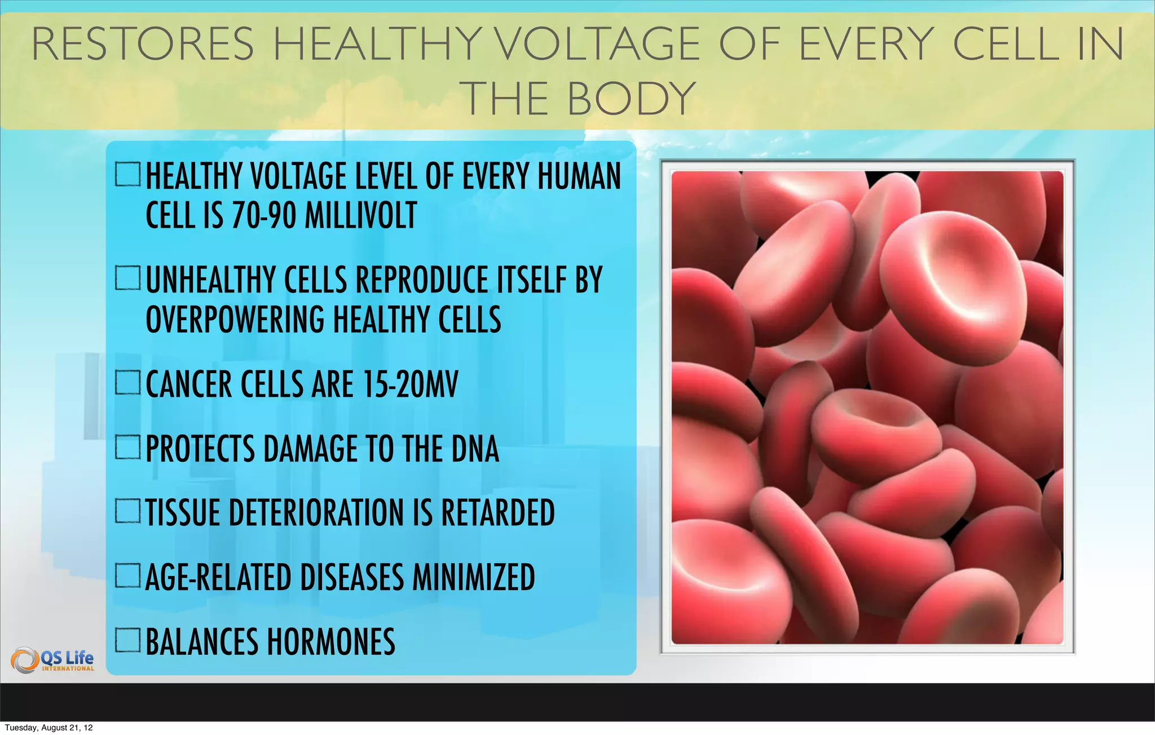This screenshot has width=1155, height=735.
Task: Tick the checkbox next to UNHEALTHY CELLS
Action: point(127,278)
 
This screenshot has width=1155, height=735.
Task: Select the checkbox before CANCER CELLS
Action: point(127,383)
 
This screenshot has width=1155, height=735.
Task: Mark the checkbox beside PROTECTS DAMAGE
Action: point(127,448)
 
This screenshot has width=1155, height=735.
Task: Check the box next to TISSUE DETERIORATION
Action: point(127,511)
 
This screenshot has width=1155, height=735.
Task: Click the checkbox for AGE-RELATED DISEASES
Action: point(127,576)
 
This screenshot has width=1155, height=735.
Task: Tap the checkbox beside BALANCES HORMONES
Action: point(127,640)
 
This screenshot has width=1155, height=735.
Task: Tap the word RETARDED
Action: point(498,512)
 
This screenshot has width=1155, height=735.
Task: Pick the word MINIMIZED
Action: point(474,577)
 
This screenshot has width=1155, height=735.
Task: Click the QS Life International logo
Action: point(53,660)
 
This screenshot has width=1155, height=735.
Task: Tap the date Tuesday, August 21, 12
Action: point(49,728)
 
